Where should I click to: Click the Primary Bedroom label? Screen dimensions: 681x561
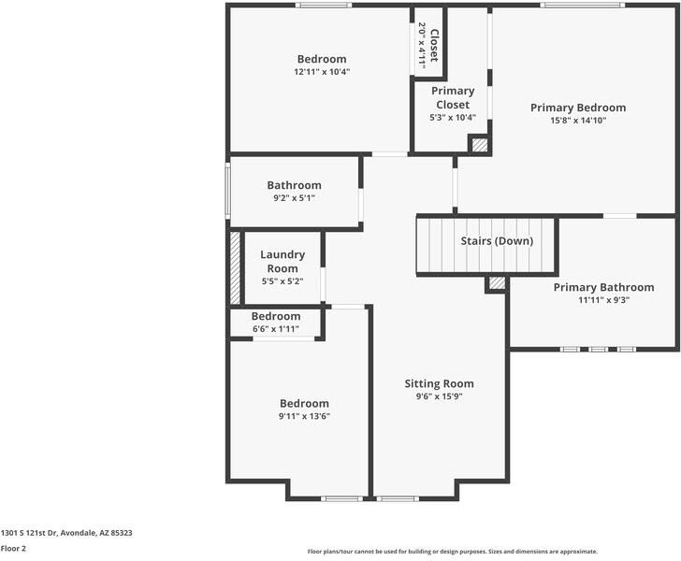pos(578,108)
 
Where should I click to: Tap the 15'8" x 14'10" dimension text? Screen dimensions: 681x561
pos(578,121)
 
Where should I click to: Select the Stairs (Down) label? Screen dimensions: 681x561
pos(497,241)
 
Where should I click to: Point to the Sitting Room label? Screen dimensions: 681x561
pos(439,384)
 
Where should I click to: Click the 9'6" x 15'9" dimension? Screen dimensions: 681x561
pos(439,396)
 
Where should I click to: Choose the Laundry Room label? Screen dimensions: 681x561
pos(283,262)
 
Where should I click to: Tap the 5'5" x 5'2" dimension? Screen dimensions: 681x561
pos(283,281)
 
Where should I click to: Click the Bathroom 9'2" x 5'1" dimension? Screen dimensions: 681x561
pos(294,198)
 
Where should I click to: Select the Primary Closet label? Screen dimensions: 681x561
pos(453,97)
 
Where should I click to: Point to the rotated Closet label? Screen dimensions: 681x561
pos(434,45)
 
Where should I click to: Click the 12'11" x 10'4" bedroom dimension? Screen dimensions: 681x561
pos(322,72)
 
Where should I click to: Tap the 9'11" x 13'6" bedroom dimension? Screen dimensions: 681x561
pos(304,416)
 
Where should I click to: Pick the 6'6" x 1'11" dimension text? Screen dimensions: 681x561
pos(276,329)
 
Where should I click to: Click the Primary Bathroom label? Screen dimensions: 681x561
pos(603,287)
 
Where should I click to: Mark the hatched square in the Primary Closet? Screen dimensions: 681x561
pos(480,145)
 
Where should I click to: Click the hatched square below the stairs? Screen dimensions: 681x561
pos(498,283)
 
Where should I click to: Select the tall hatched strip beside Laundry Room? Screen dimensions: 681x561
pos(235,268)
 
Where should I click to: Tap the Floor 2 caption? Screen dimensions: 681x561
pos(13,549)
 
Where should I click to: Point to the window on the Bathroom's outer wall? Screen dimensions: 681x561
pos(227,191)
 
